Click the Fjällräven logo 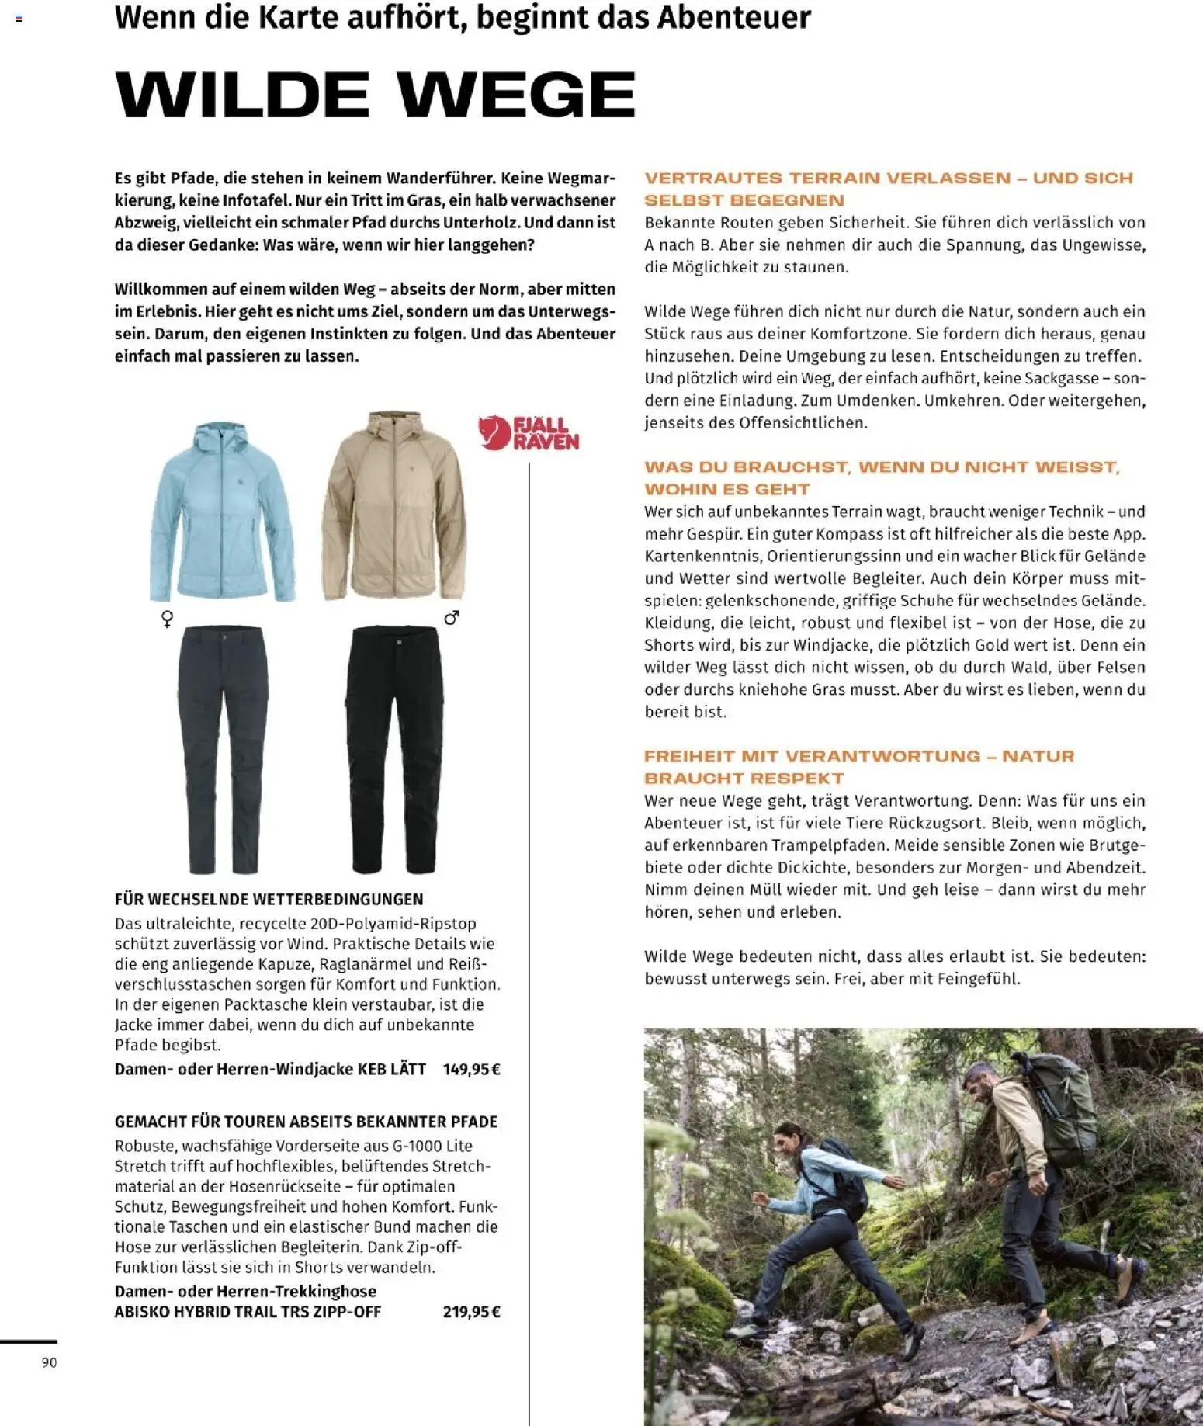tap(529, 433)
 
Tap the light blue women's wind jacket tap(222, 512)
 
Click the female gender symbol tap(167, 619)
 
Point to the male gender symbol tap(452, 618)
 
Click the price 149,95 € tap(471, 1069)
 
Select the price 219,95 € tap(471, 1312)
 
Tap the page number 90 tap(49, 1362)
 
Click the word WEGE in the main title tap(517, 95)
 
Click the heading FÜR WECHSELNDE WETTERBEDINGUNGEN tap(269, 899)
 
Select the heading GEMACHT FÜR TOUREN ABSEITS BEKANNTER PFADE tap(306, 1121)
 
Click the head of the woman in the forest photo tap(787, 1139)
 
